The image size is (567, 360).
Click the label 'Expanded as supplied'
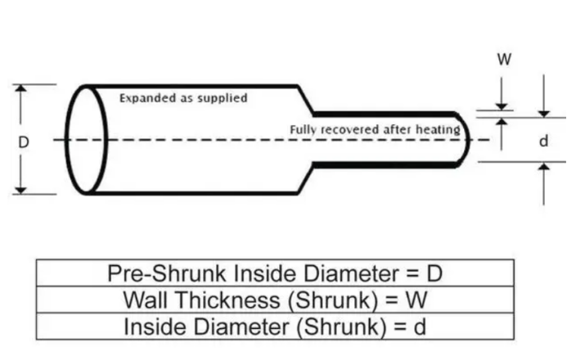click(183, 98)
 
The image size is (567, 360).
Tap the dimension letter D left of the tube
click(24, 141)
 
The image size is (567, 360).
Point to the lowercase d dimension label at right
click(542, 141)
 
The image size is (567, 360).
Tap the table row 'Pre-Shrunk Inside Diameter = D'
click(275, 273)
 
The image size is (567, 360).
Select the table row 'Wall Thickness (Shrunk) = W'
click(275, 299)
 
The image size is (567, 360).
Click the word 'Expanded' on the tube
click(144, 98)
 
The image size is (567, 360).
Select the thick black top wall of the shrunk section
click(385, 114)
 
